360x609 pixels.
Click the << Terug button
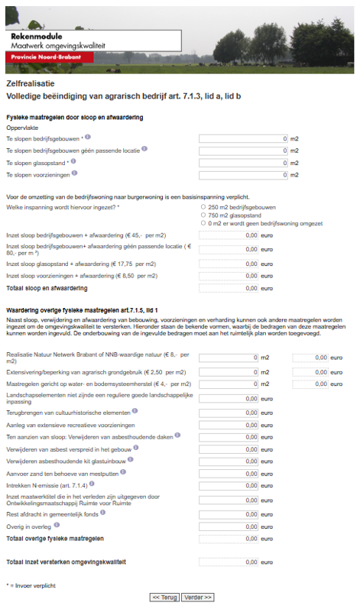coord(164,597)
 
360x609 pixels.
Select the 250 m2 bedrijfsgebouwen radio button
coord(202,207)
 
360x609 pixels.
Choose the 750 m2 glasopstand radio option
coord(202,215)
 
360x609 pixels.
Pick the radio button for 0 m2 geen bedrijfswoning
coord(202,223)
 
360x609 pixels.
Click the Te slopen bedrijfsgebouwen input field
coord(243,138)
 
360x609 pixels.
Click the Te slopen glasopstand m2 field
coord(243,163)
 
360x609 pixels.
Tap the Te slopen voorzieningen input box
coord(243,175)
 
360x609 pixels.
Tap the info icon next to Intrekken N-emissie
coord(92,484)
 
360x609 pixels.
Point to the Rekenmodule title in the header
coord(37,36)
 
